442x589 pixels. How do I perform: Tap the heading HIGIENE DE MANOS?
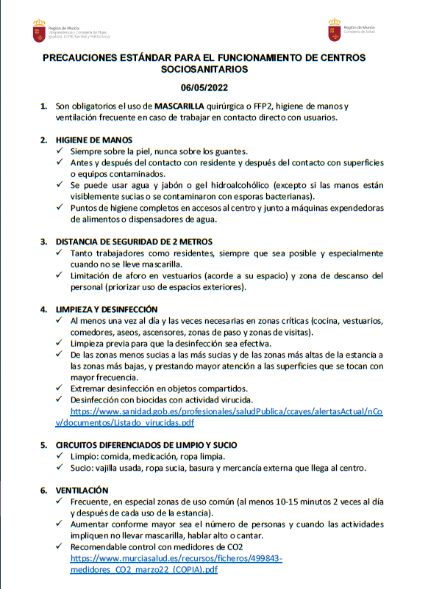coord(94,140)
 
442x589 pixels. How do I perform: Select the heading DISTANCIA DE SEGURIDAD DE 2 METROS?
coord(134,241)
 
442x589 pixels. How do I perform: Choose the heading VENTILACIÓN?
coord(82,490)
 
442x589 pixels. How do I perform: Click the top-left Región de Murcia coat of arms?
coord(39,31)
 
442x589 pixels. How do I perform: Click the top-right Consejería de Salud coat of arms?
coord(335,31)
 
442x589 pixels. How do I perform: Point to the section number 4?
coord(44,309)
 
